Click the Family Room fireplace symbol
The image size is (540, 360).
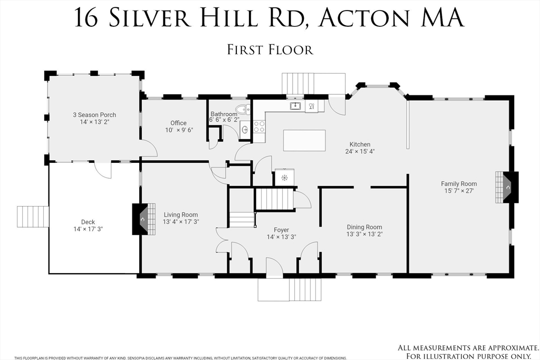click(507, 187)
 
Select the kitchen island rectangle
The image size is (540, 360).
click(304, 140)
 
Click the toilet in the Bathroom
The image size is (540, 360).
click(242, 110)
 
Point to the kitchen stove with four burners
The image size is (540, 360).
click(259, 127)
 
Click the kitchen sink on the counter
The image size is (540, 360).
click(295, 106)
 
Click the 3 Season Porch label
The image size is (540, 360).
click(94, 115)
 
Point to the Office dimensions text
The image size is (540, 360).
click(178, 130)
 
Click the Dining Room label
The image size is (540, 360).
click(364, 227)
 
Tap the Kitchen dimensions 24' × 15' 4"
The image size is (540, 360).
click(360, 151)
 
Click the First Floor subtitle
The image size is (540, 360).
click(270, 50)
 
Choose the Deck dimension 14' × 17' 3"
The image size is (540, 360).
click(88, 229)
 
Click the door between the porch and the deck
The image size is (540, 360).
click(103, 170)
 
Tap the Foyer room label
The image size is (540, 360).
click(281, 230)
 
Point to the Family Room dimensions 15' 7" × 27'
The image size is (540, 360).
click(459, 191)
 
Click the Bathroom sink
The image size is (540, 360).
click(245, 129)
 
